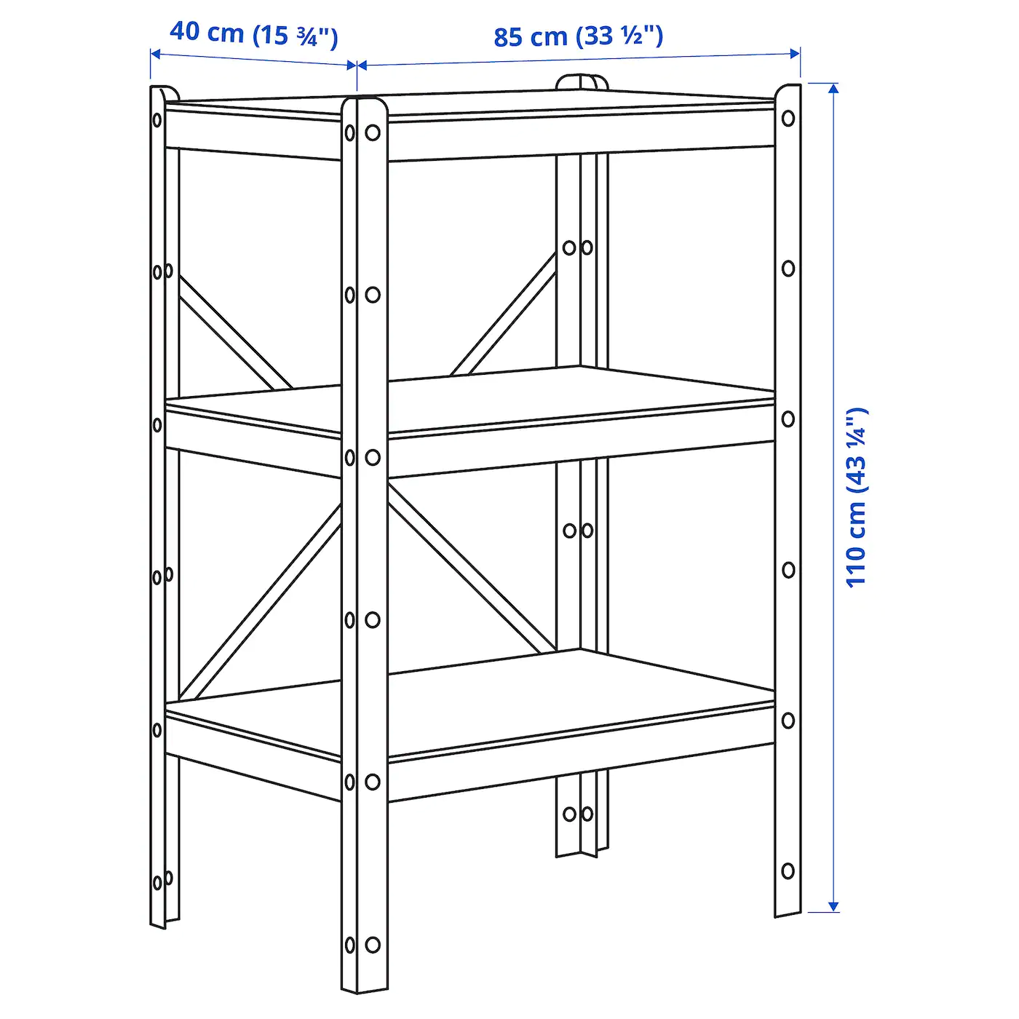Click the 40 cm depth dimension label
point(253,34)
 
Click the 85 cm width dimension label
point(578,36)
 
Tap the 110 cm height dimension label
point(857,496)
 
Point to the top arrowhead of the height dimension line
point(833,89)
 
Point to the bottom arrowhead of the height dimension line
point(833,905)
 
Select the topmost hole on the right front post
point(788,118)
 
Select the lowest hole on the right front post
point(788,871)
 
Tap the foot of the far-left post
point(158,920)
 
